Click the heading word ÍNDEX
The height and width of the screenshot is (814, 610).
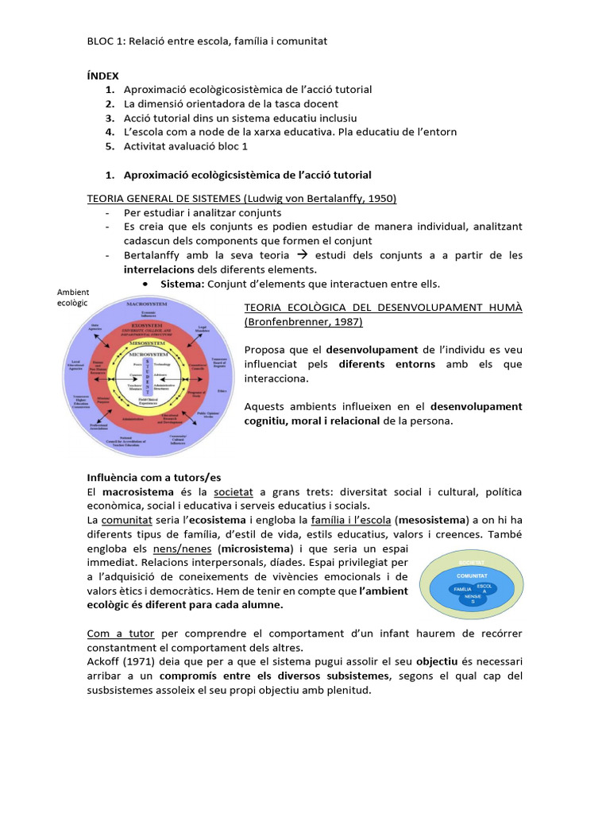click(x=102, y=76)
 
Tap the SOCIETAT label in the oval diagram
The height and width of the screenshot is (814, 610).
click(x=472, y=563)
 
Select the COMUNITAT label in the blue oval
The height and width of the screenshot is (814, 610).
click(x=472, y=574)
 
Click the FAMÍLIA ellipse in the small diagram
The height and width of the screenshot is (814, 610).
click(x=461, y=590)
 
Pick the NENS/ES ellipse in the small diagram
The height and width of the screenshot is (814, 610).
click(x=473, y=599)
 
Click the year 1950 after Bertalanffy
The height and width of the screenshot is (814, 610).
click(x=381, y=198)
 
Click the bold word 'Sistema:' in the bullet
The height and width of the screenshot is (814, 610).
click(x=182, y=284)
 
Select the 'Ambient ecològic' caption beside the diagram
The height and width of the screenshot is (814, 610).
click(x=72, y=297)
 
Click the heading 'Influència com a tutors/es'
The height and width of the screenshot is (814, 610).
click(x=153, y=477)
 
